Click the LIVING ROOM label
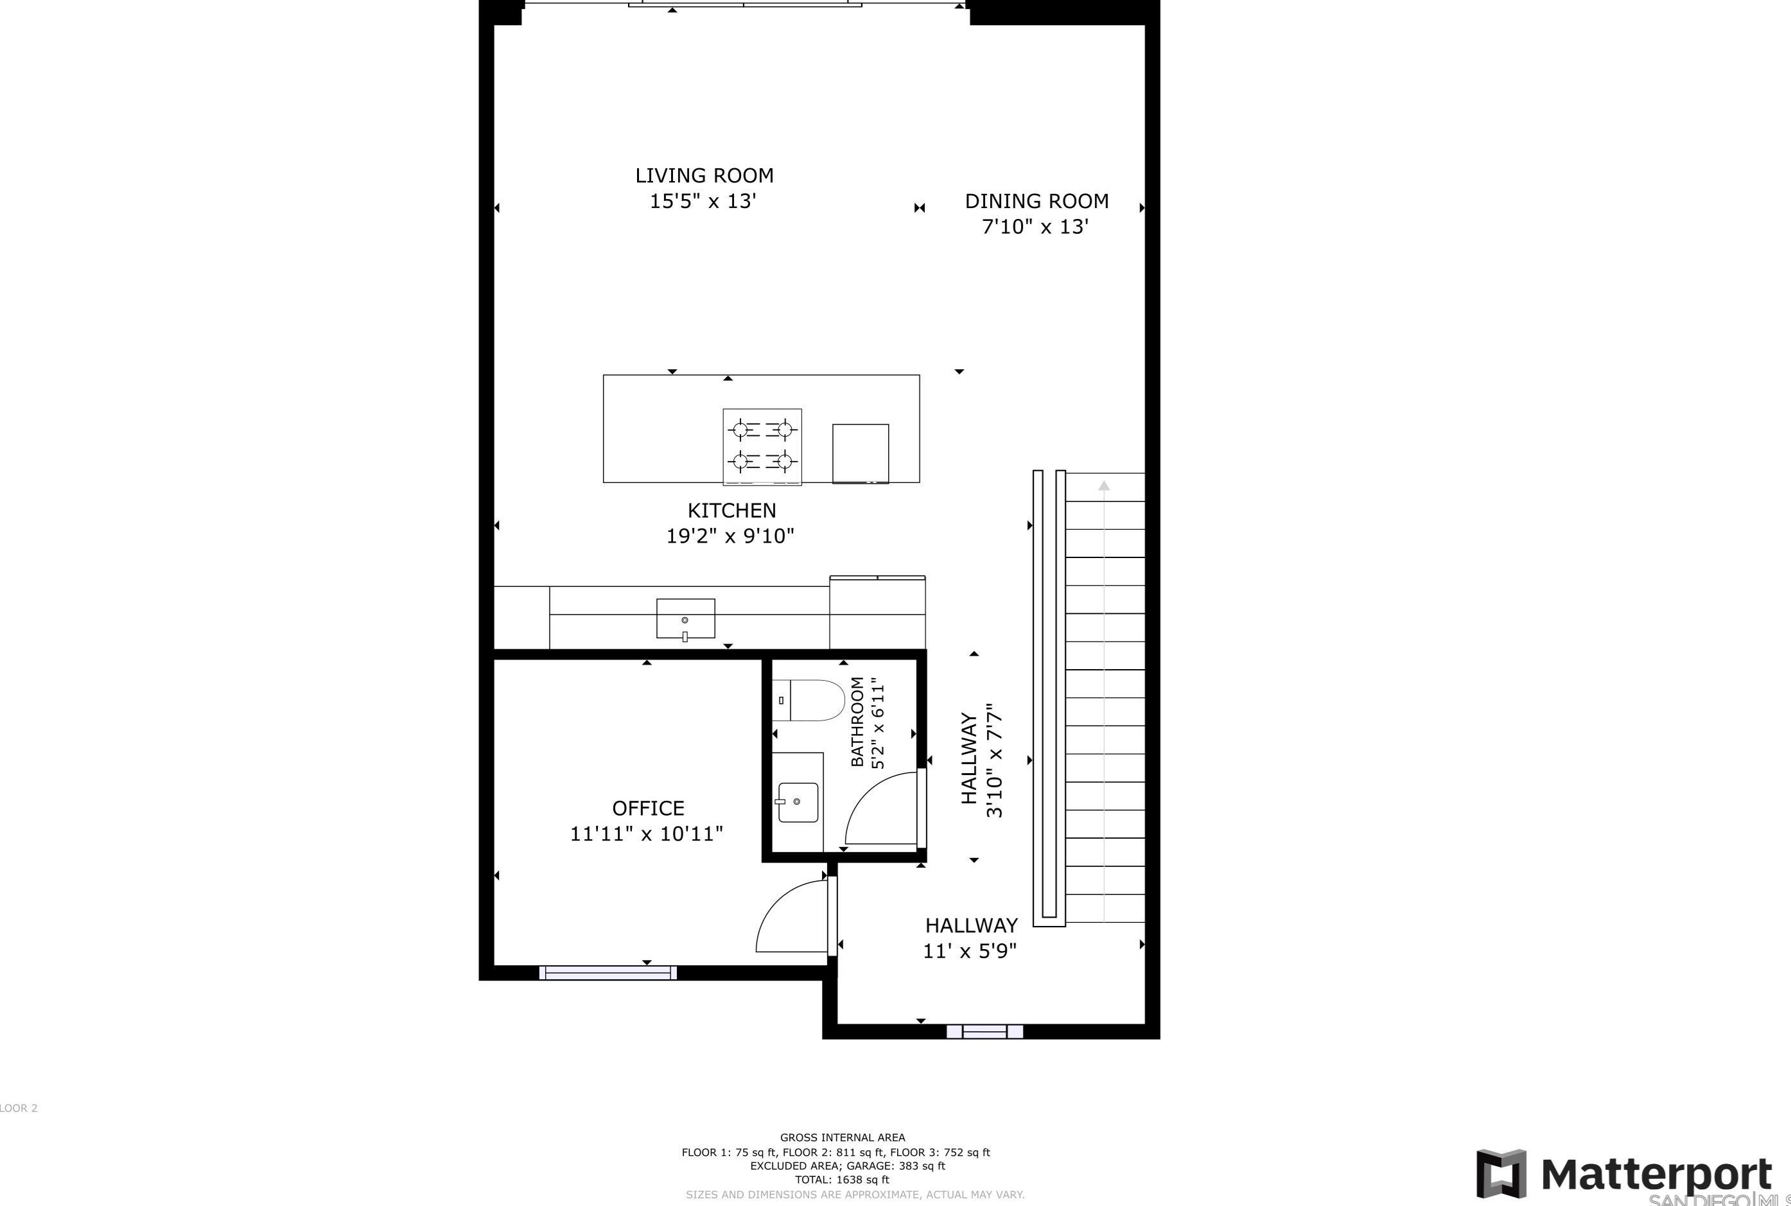(x=704, y=175)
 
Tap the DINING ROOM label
(x=1036, y=202)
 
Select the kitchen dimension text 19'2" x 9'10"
(x=730, y=536)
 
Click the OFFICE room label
(x=647, y=808)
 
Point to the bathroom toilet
(x=809, y=700)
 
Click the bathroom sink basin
(x=798, y=802)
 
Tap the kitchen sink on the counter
(x=685, y=618)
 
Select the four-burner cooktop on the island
(x=762, y=447)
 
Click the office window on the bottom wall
(x=608, y=973)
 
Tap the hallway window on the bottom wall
(x=984, y=1031)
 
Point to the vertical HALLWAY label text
(x=970, y=759)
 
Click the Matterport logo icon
(x=1499, y=1174)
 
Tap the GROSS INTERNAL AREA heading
(x=842, y=1137)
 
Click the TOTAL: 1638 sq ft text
(x=842, y=1179)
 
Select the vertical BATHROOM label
(x=857, y=721)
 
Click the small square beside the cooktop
(x=861, y=453)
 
